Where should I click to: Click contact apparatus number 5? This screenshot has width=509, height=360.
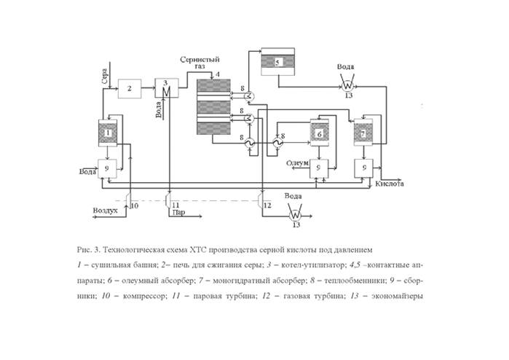277,63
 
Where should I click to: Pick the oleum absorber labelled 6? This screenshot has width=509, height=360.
319,133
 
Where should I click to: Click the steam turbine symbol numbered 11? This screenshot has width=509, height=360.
169,200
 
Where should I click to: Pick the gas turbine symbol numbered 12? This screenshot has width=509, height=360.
262,201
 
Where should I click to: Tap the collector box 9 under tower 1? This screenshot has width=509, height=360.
108,168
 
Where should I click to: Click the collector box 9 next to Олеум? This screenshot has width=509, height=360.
319,168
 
